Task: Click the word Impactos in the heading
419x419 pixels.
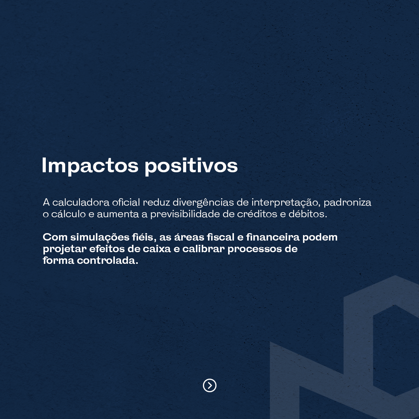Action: pos(90,166)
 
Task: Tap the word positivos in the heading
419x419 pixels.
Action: pos(191,166)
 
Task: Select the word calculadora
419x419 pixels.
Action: pos(81,202)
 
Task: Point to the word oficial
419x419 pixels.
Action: pos(126,202)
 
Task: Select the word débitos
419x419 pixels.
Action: pos(308,214)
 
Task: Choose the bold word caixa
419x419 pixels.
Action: pos(157,249)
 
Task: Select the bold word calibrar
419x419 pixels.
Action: pos(204,249)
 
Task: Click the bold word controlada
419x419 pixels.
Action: pos(107,261)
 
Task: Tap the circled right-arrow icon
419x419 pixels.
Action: pos(209,385)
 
